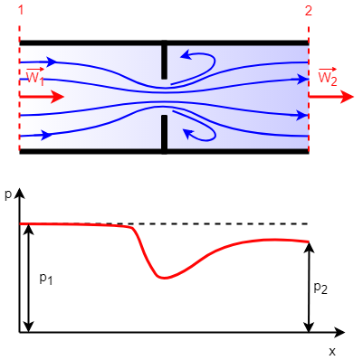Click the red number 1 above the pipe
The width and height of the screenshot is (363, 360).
pos(21,10)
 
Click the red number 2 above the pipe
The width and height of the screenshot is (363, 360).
pos(308,11)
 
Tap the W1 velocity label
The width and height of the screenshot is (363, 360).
pos(35,77)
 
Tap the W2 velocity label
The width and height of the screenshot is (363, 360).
pos(328,77)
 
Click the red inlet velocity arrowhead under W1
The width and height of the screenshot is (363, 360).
pos(57,97)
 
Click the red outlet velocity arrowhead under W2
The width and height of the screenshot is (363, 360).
pos(347,97)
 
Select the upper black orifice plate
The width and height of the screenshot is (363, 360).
pos(164,60)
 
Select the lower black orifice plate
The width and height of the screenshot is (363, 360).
pos(164,134)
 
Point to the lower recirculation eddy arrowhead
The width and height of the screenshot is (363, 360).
pos(189,133)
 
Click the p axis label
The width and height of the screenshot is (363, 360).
pos(8,194)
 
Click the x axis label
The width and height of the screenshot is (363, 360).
pos(332,351)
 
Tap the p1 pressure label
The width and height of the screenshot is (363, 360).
pos(46,279)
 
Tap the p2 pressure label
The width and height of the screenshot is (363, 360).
pos(320,289)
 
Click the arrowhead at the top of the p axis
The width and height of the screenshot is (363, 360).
pos(19,194)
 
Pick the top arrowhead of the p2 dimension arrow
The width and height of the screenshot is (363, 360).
pos(309,247)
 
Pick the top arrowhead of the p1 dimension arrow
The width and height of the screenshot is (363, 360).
pos(28,229)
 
